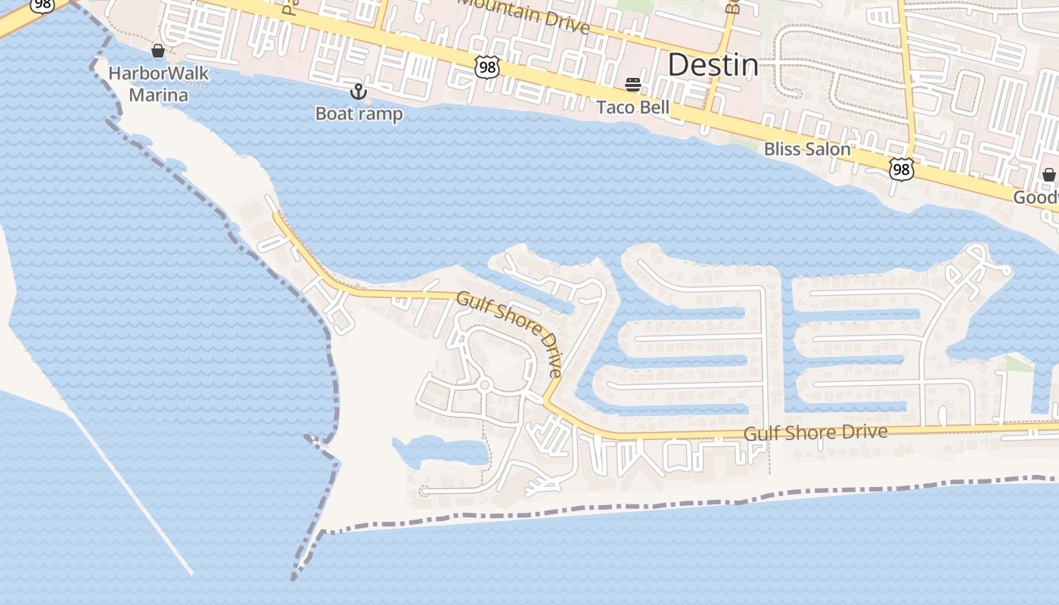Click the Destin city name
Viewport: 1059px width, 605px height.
click(x=713, y=66)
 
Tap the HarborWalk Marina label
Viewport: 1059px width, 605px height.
click(x=158, y=84)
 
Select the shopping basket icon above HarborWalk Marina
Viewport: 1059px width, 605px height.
click(x=158, y=51)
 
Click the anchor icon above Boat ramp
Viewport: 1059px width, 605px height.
click(x=359, y=92)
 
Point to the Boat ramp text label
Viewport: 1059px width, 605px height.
click(x=359, y=114)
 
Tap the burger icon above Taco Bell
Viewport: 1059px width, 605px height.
click(x=633, y=84)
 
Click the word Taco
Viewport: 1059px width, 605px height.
click(x=614, y=107)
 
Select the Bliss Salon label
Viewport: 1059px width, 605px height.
click(x=807, y=149)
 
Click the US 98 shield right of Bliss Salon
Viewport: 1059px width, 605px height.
click(x=900, y=169)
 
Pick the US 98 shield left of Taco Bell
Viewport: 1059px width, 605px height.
click(x=488, y=67)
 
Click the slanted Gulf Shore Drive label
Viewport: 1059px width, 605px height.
click(x=511, y=334)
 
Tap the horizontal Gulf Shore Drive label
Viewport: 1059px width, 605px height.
click(x=815, y=433)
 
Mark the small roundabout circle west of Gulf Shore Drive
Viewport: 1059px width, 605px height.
click(x=485, y=386)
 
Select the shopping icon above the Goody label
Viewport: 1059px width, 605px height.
click(x=1049, y=175)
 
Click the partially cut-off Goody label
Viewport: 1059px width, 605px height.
click(x=1036, y=198)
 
